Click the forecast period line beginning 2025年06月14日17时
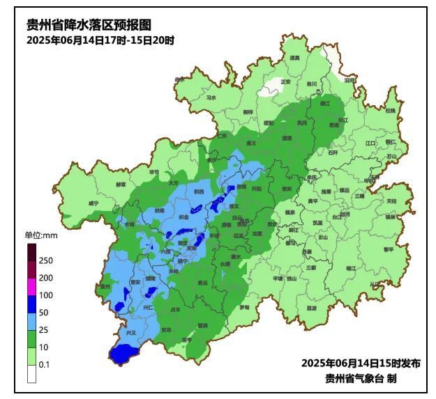tap(100, 40)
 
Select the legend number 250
tap(47, 260)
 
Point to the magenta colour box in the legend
tap(32, 286)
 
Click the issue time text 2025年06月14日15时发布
tap(361, 363)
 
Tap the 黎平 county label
tap(388, 249)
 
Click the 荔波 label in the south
tap(311, 308)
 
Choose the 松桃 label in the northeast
tap(390, 111)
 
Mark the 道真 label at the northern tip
tap(294, 58)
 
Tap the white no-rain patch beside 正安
tap(269, 89)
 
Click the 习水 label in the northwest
tap(211, 98)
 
